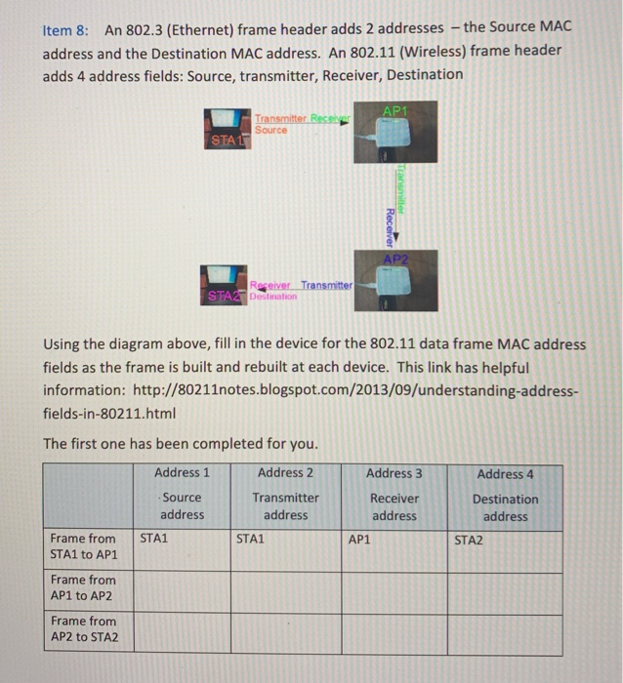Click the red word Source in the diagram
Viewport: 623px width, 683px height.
click(x=270, y=130)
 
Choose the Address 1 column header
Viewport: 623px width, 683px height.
click(x=182, y=473)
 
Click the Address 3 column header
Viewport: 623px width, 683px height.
click(x=395, y=473)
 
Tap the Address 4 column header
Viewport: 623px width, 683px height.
click(x=505, y=474)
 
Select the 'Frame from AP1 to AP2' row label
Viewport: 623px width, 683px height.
click(x=83, y=587)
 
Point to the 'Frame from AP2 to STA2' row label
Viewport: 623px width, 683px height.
click(x=83, y=629)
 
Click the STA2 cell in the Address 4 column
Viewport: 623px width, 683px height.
click(x=469, y=538)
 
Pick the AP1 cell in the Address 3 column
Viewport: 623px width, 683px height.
click(x=359, y=538)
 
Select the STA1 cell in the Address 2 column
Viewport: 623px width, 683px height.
click(x=252, y=538)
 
